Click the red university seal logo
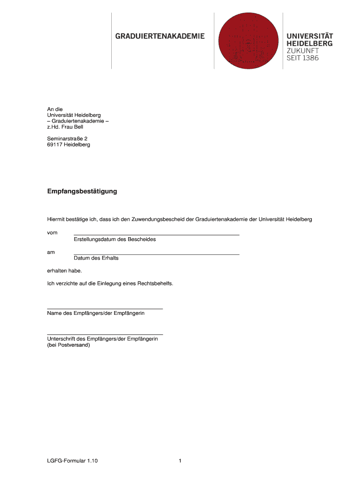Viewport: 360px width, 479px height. pyautogui.click(x=249, y=41)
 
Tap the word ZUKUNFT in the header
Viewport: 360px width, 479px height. pyautogui.click(x=302, y=51)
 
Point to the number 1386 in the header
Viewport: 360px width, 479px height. pyautogui.click(x=310, y=58)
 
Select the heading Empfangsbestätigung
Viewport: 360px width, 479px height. pyautogui.click(x=82, y=191)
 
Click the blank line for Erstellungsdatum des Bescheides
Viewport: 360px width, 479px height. pyautogui.click(x=157, y=234)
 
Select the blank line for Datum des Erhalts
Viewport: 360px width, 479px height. pyautogui.click(x=157, y=254)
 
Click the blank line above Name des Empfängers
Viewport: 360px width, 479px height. pyautogui.click(x=105, y=308)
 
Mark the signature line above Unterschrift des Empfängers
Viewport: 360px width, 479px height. pyautogui.click(x=105, y=334)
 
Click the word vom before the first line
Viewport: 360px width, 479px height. pyautogui.click(x=52, y=232)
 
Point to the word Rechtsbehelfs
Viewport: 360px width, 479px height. pyautogui.click(x=157, y=283)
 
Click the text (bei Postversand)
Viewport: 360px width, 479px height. pyautogui.click(x=68, y=345)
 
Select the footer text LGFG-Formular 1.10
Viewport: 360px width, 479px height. pyautogui.click(x=72, y=461)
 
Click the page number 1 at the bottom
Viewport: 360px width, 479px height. pyautogui.click(x=180, y=461)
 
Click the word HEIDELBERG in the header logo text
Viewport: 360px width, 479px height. pyautogui.click(x=310, y=44)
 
